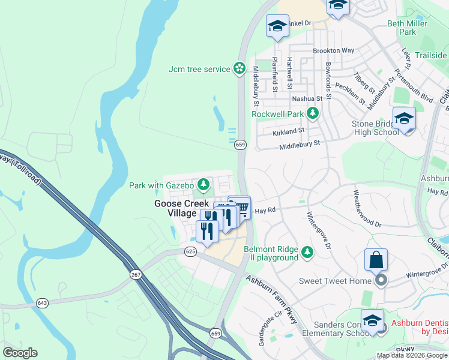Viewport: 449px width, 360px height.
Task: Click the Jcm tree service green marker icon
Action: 240,69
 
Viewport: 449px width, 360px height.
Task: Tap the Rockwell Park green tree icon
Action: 312,113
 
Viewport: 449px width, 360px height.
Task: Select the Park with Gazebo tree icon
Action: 203,184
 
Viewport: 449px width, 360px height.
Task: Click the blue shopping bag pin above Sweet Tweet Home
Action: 376,260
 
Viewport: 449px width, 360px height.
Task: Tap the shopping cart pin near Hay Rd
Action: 241,207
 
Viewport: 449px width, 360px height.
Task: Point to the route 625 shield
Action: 191,251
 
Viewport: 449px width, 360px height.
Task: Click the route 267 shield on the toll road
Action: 136,274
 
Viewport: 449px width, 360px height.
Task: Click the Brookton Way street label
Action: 334,51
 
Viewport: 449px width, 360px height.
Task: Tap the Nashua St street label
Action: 307,98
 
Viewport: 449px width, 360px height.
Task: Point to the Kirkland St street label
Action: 289,130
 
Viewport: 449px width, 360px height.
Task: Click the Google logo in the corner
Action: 20,352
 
